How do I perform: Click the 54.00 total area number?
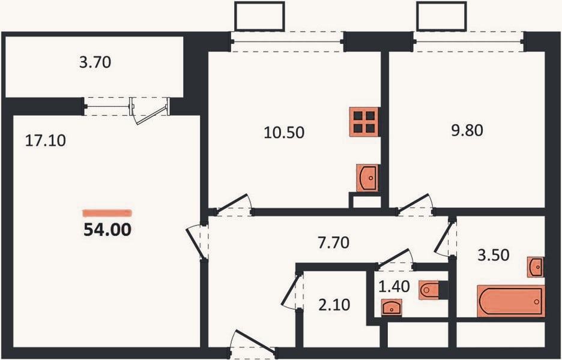pyautogui.click(x=107, y=229)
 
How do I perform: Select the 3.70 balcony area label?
pyautogui.click(x=95, y=62)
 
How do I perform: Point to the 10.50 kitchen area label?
pyautogui.click(x=284, y=132)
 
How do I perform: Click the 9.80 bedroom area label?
pyautogui.click(x=467, y=130)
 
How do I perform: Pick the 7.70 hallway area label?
pyautogui.click(x=333, y=242)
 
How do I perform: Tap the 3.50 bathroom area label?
pyautogui.click(x=494, y=255)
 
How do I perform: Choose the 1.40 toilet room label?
pyautogui.click(x=394, y=286)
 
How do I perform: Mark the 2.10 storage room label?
pyautogui.click(x=334, y=305)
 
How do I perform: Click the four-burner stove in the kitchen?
pyautogui.click(x=364, y=122)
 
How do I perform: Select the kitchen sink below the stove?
pyautogui.click(x=367, y=178)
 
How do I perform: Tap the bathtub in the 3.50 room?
pyautogui.click(x=511, y=301)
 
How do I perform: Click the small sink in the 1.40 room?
pyautogui.click(x=391, y=308)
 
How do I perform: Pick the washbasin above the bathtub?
pyautogui.click(x=536, y=266)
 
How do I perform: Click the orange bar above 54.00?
pyautogui.click(x=107, y=214)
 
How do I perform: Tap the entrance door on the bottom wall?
pyautogui.click(x=253, y=344)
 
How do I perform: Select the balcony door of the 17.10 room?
pyautogui.click(x=150, y=110)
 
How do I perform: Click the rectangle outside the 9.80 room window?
pyautogui.click(x=441, y=16)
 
